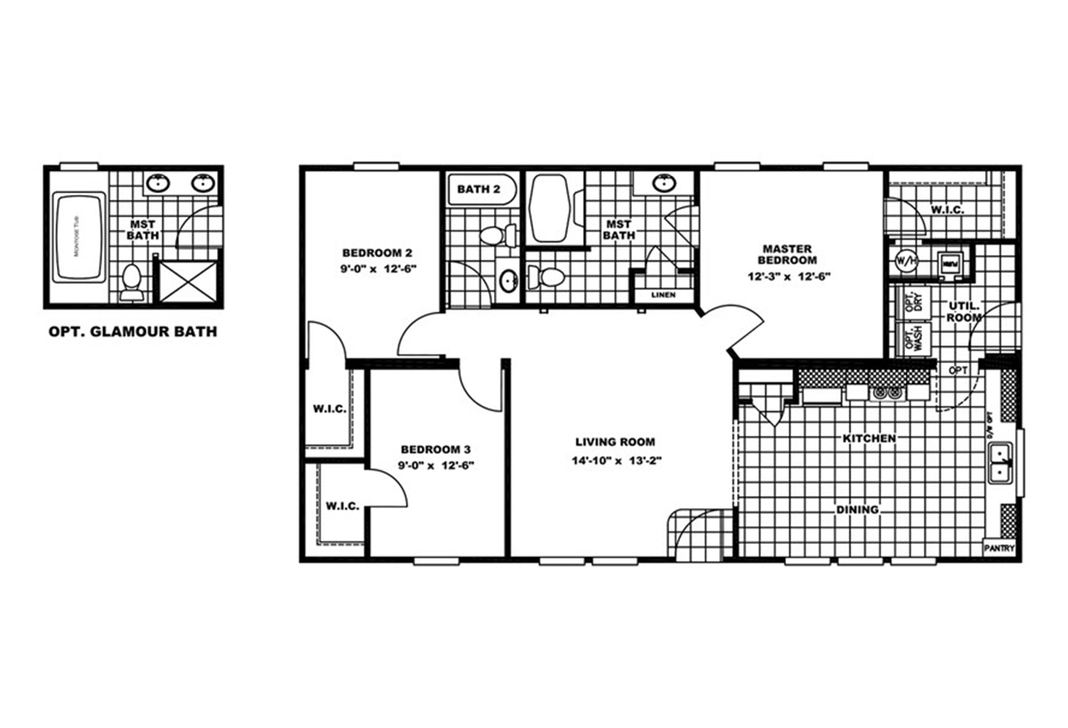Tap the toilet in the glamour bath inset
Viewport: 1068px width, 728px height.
point(132,280)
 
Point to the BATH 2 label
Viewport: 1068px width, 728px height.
point(479,189)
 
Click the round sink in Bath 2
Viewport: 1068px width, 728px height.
point(507,282)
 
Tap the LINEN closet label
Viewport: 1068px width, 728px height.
point(663,295)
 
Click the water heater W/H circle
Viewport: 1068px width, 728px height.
point(906,262)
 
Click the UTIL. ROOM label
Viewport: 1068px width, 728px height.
point(963,311)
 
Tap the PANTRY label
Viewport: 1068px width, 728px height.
point(999,549)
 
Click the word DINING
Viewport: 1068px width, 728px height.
point(857,510)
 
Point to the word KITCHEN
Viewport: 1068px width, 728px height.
point(870,439)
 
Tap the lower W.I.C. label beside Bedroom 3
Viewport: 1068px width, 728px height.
point(343,506)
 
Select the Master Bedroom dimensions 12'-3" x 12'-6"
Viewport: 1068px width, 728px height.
point(789,276)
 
